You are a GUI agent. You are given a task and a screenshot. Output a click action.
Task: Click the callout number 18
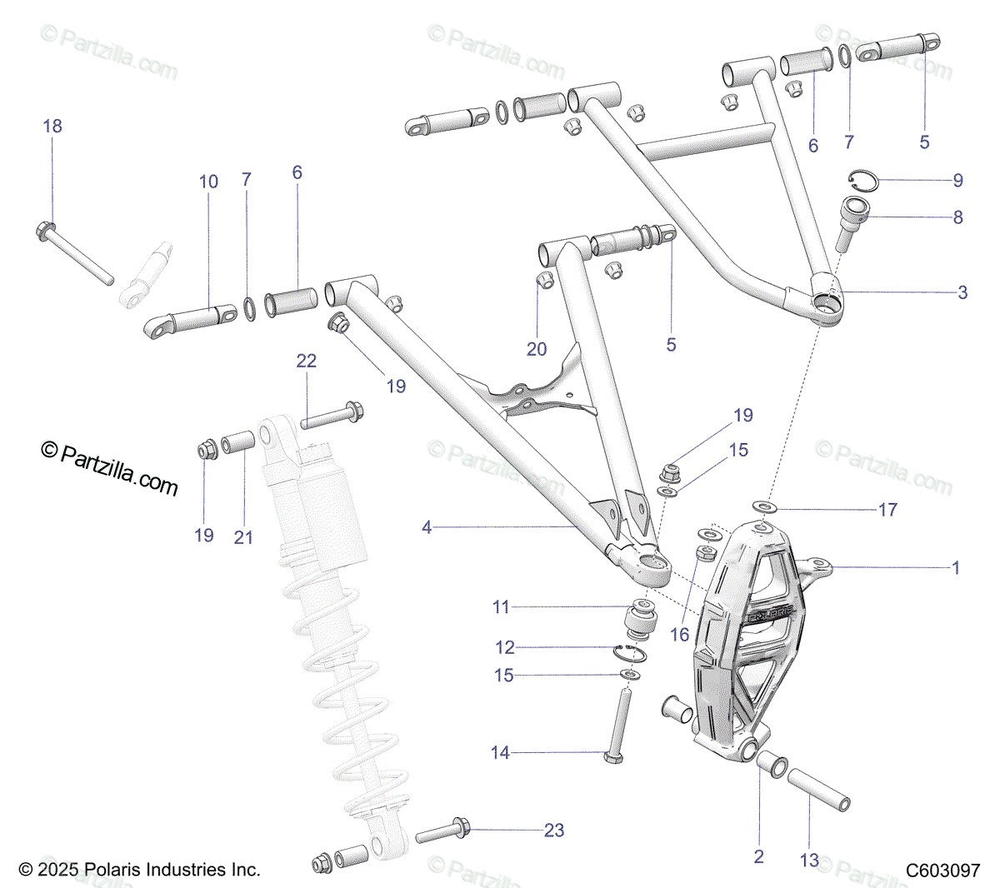click(x=52, y=127)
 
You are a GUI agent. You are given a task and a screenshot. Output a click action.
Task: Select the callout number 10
click(x=208, y=182)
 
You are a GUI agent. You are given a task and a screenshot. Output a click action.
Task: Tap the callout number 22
click(x=307, y=361)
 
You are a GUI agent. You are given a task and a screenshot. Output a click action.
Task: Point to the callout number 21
click(x=243, y=537)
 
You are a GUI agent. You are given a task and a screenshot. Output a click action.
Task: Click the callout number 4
click(x=427, y=527)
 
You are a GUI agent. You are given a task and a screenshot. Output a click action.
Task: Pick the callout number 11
click(x=500, y=607)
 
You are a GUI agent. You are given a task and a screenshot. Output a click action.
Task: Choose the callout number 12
click(x=504, y=647)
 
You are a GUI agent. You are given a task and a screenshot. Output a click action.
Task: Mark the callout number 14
click(x=500, y=753)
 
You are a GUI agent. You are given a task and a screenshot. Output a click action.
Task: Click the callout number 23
click(x=554, y=830)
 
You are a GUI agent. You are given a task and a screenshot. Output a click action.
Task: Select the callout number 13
click(x=810, y=861)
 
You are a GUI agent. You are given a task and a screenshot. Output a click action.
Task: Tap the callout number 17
click(x=888, y=509)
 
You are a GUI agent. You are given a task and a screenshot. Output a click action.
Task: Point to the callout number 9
click(x=957, y=180)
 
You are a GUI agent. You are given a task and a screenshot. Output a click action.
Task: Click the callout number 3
click(x=962, y=292)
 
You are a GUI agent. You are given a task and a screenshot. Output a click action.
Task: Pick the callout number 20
click(x=537, y=348)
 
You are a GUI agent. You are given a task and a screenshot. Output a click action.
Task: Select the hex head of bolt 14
click(x=612, y=756)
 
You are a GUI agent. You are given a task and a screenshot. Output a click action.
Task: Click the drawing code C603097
click(x=943, y=871)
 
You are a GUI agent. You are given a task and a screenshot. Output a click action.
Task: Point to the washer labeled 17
click(x=762, y=507)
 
